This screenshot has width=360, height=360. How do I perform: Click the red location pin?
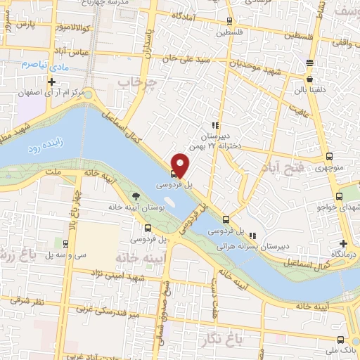click(x=180, y=165)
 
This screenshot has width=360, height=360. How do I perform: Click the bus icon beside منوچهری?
click(x=330, y=156)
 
